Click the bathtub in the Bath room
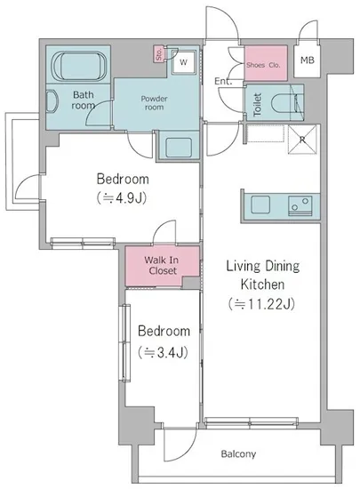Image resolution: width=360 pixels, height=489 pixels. point(79,67)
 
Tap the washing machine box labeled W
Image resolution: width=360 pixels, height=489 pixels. point(184,62)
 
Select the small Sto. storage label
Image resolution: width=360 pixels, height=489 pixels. point(159,54)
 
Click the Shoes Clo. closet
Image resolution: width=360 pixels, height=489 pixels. point(265,63)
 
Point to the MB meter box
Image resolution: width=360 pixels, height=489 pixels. point(308,60)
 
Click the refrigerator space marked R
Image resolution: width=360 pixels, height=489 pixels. point(302,140)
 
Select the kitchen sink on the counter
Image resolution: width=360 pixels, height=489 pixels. point(260,204)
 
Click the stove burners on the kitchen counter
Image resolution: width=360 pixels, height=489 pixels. point(300,205)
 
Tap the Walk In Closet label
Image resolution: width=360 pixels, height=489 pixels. point(162,265)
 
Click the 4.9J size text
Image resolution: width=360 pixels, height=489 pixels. point(122,198)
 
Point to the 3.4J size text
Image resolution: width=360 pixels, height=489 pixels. point(163,352)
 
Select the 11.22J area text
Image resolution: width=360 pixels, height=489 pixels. point(262,304)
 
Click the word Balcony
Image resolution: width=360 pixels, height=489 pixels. point(238,454)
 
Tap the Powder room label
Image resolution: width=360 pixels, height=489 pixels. point(154,103)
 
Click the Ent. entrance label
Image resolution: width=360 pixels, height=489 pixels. point(223,82)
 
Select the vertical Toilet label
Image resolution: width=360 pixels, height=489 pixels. point(257,105)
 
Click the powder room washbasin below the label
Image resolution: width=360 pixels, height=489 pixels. point(179,148)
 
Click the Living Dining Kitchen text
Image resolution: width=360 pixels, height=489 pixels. point(262,275)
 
